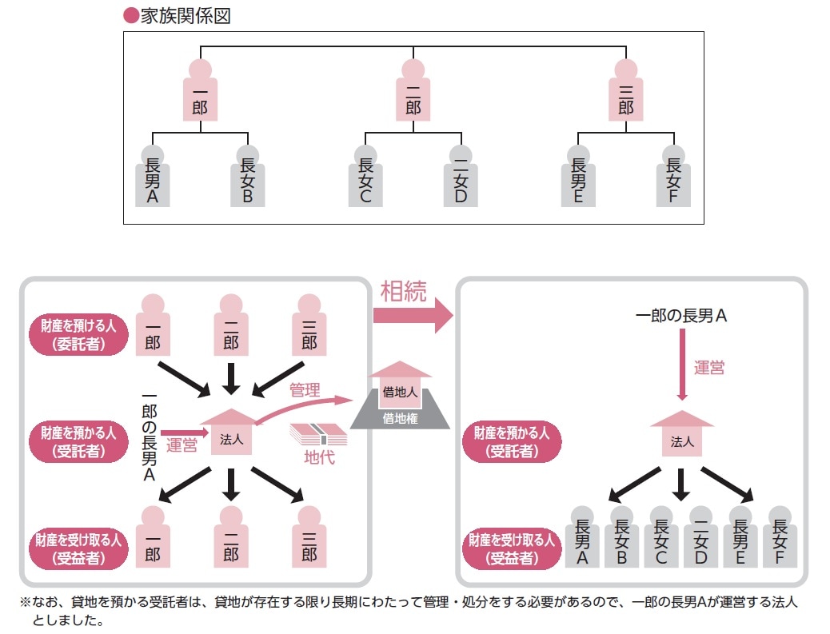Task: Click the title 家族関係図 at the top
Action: [185, 16]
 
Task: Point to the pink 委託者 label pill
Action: [78, 335]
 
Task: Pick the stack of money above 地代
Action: [317, 433]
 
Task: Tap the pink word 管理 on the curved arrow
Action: [305, 390]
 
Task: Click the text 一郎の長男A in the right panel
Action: [680, 316]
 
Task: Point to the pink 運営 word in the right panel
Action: [708, 368]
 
